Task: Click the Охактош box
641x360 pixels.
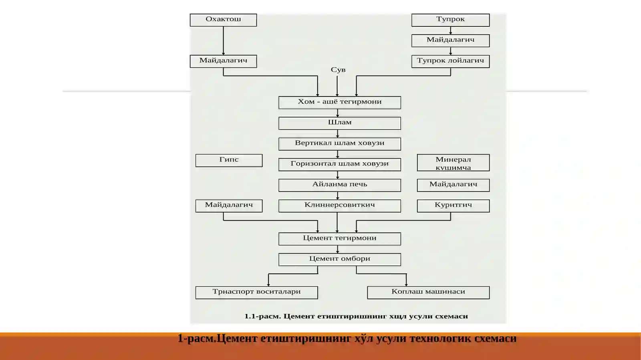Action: (x=223, y=20)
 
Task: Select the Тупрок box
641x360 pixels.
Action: (x=450, y=20)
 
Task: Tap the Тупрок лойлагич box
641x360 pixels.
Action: (x=450, y=61)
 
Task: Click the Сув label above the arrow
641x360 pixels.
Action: (x=338, y=70)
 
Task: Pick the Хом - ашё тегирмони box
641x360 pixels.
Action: (x=340, y=103)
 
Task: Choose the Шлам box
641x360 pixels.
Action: (x=340, y=123)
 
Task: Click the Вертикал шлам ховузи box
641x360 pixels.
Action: (x=340, y=144)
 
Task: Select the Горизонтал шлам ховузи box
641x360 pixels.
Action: (x=340, y=165)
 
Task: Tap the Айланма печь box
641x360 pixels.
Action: (x=340, y=185)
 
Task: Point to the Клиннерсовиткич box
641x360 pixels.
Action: (x=340, y=205)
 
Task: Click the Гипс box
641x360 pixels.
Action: (x=229, y=161)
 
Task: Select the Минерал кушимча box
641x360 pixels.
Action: (x=453, y=163)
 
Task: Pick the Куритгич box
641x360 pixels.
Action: (x=453, y=205)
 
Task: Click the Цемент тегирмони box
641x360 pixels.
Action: (x=340, y=239)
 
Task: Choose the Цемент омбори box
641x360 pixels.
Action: (x=340, y=259)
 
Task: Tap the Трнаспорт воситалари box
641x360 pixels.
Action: (x=257, y=292)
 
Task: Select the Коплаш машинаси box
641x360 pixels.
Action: (x=428, y=292)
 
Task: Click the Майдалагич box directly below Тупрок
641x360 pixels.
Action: (x=450, y=40)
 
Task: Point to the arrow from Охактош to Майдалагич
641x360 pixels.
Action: (x=223, y=40)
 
